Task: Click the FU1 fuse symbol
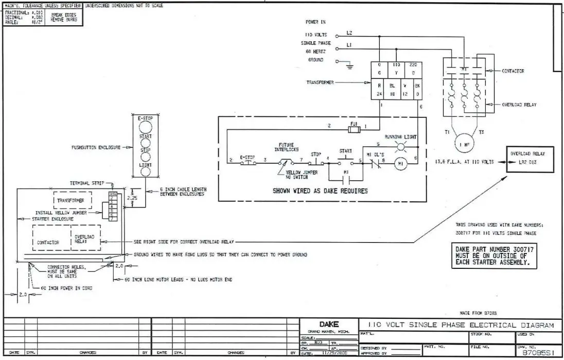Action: tap(354, 130)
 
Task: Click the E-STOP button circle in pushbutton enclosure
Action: tap(146, 127)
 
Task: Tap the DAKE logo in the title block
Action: tap(329, 324)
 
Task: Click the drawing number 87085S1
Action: tap(537, 353)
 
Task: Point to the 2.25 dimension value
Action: tap(132, 197)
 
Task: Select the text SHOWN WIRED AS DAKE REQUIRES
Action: tap(320, 191)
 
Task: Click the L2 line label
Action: tap(349, 33)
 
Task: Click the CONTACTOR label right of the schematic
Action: tap(513, 71)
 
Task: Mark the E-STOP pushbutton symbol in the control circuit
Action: tap(249, 160)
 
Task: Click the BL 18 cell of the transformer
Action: tap(392, 90)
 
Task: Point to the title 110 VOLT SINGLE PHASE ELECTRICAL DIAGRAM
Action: tap(461, 325)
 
